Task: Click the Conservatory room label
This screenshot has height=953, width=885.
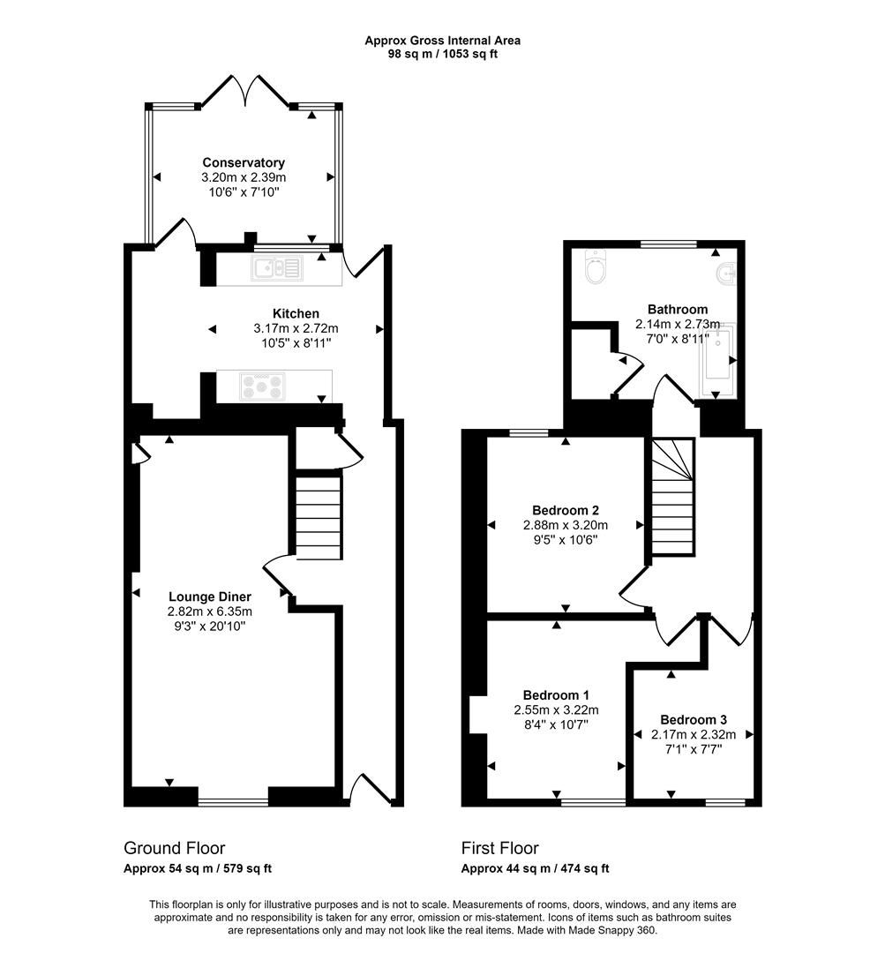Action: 244,162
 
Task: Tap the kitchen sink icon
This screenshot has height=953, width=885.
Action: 276,268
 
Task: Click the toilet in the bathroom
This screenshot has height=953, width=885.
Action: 596,266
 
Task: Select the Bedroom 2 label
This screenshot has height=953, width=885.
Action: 566,510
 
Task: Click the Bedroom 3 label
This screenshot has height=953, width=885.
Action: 694,719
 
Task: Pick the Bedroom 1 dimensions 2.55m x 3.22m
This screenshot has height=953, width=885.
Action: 556,709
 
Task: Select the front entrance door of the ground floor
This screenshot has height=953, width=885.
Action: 370,788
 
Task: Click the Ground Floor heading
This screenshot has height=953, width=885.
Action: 174,848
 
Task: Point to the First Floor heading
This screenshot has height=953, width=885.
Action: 499,848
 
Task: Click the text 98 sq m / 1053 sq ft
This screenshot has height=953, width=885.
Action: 443,54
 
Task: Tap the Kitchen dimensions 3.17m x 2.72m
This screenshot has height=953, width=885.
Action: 296,328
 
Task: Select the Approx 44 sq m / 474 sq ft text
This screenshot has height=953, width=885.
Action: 535,868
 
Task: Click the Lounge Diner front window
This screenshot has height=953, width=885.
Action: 233,802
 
